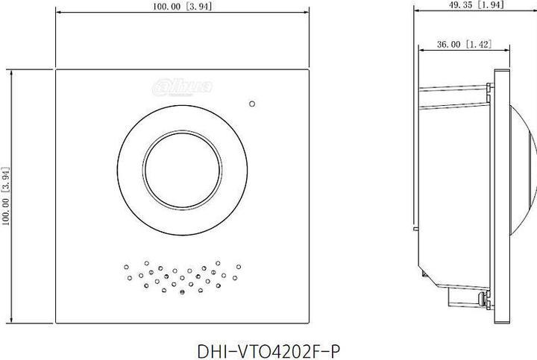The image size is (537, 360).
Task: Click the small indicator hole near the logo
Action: (252, 104)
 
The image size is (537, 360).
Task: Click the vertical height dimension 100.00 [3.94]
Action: (6, 196)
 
